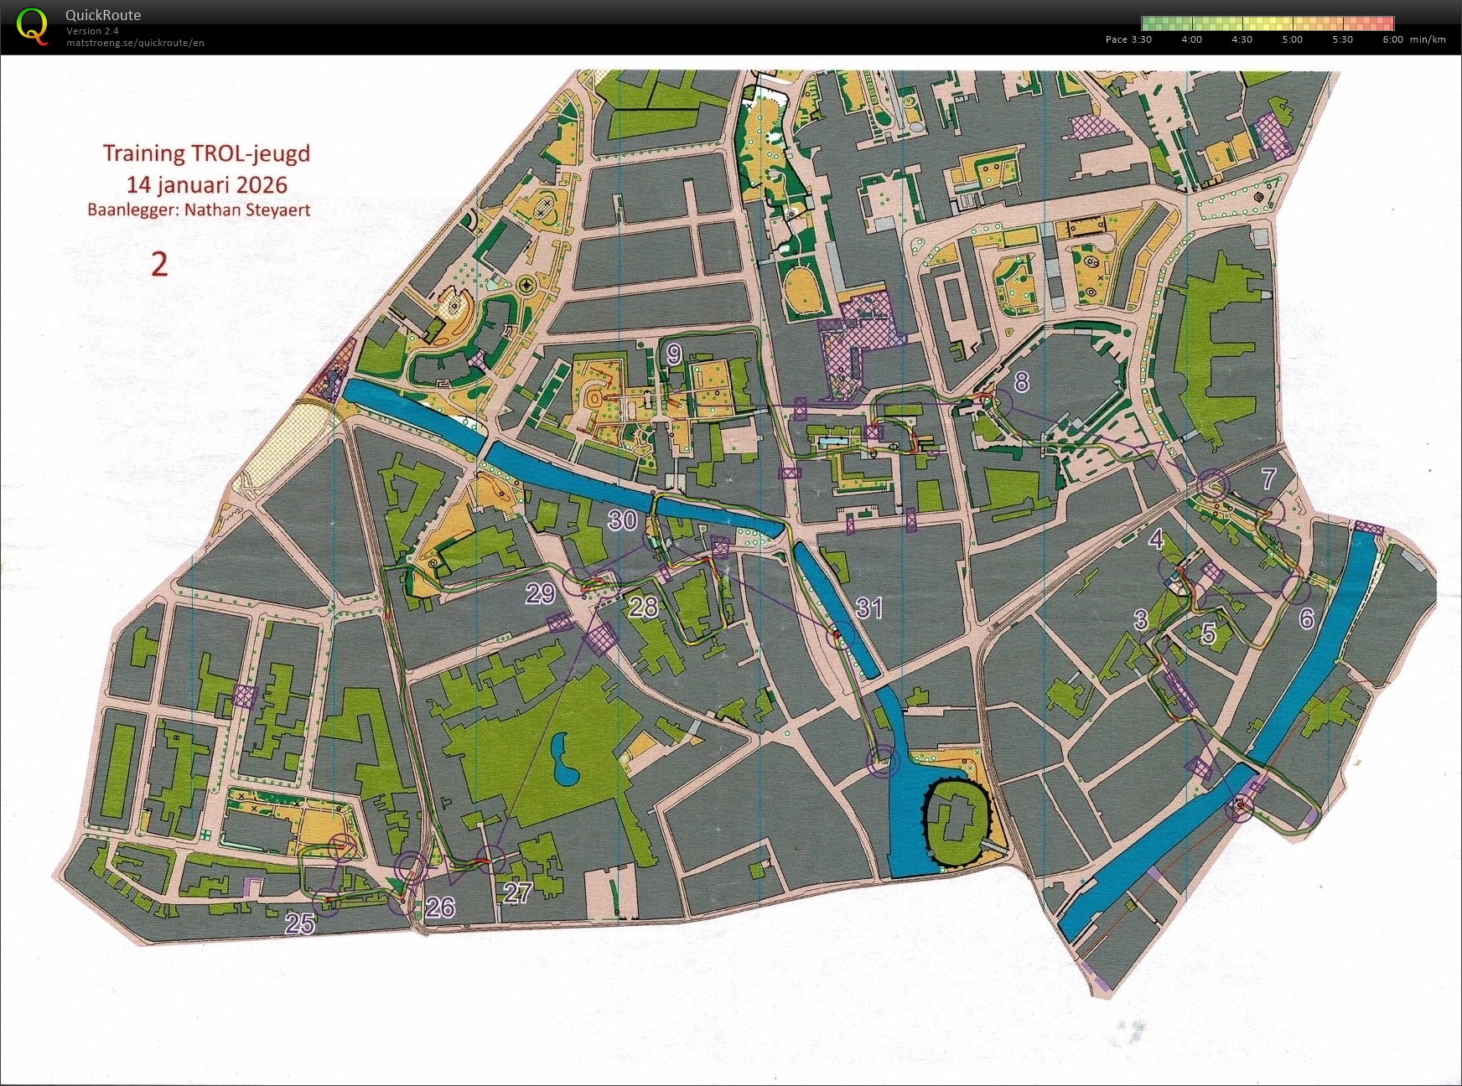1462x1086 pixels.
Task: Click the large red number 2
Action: click(159, 264)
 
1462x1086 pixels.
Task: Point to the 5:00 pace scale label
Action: click(1292, 39)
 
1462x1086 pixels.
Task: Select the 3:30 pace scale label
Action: click(1141, 39)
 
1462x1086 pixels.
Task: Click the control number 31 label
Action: click(869, 608)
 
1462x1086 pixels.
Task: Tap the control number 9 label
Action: click(674, 355)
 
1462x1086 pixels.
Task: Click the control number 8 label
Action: click(1021, 382)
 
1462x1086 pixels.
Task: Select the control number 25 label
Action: click(300, 923)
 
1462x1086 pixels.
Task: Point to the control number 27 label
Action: click(517, 892)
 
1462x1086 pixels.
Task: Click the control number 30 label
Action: click(622, 520)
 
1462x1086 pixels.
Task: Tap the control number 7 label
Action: click(1268, 478)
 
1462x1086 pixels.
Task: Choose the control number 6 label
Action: click(1306, 618)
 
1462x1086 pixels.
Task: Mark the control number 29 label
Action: click(541, 593)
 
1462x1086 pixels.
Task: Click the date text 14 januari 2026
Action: click(206, 184)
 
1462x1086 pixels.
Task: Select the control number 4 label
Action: click(1156, 540)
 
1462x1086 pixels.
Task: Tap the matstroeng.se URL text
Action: click(135, 43)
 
